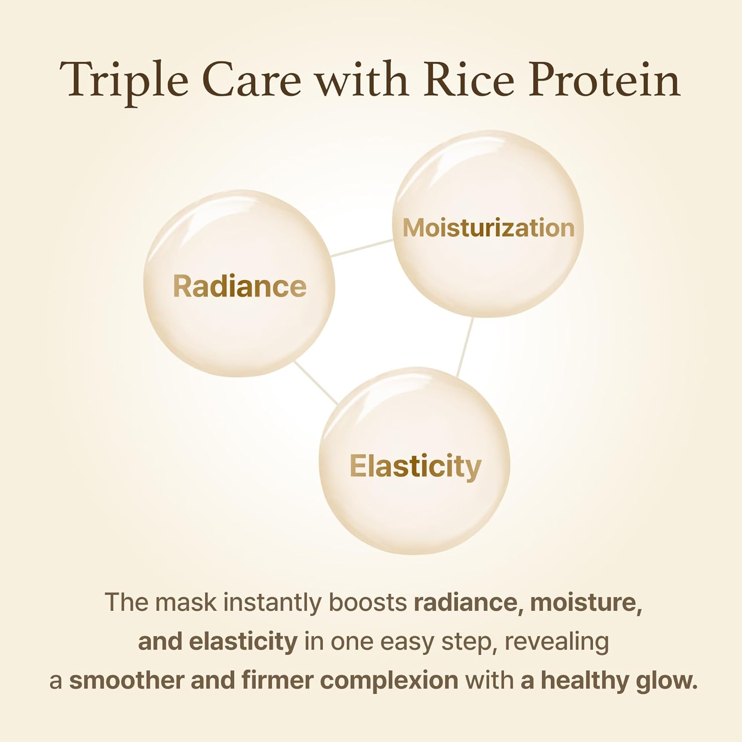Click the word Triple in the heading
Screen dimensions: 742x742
[x=124, y=80]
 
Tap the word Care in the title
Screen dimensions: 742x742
[x=251, y=80]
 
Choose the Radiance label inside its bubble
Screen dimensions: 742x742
[x=239, y=286]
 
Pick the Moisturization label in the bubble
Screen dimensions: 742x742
[x=488, y=228]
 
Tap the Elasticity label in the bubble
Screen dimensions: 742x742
[x=415, y=466]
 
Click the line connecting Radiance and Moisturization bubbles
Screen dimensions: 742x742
[x=362, y=248]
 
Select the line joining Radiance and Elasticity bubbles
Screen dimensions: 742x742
[x=316, y=382]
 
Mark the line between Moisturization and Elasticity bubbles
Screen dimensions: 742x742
[x=465, y=346]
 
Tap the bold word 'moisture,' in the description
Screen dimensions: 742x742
[x=586, y=603]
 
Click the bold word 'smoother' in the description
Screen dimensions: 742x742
[x=126, y=680]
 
